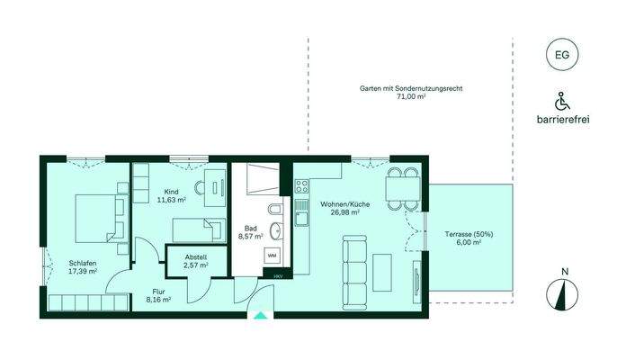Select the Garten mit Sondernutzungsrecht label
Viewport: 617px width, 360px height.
[x=411, y=88]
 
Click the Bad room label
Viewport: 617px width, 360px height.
[x=251, y=229]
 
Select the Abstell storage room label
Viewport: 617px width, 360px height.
[x=196, y=256]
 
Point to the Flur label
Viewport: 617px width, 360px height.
[x=158, y=292]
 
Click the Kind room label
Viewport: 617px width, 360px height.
[x=173, y=191]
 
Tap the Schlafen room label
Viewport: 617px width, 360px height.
[x=83, y=264]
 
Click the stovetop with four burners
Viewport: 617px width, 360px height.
[x=301, y=187]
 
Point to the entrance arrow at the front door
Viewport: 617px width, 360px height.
[x=261, y=315]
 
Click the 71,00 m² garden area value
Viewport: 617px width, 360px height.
[x=411, y=96]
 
